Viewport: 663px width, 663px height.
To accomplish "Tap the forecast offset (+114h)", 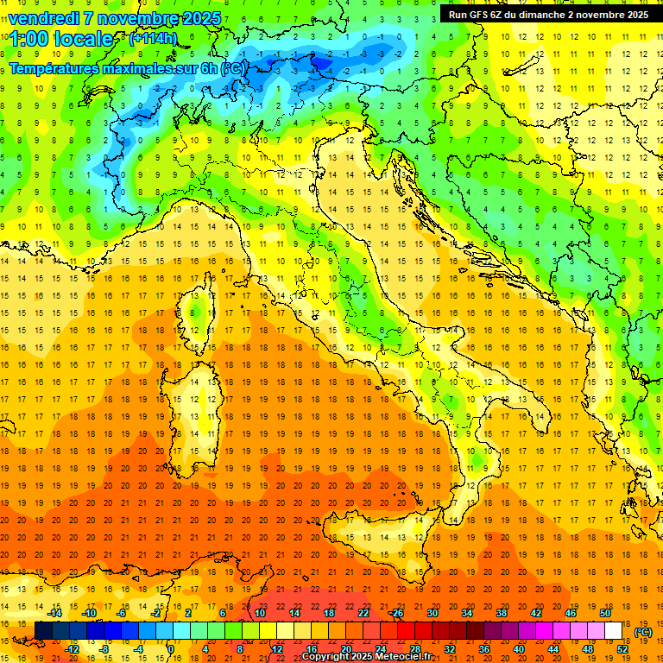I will [153, 38].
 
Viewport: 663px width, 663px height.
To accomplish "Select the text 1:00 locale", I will [61, 39].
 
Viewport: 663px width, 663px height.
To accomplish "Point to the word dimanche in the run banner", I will [537, 14].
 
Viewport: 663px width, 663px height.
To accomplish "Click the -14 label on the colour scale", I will [55, 613].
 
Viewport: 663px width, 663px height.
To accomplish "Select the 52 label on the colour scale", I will [622, 648].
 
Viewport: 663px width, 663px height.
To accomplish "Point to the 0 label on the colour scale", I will [171, 648].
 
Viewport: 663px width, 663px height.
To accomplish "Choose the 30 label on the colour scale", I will [433, 613].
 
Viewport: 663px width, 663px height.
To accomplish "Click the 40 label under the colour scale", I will [519, 648].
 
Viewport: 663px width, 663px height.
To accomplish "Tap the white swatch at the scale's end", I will [613, 631].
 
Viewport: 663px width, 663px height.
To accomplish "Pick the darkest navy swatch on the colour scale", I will [43, 631].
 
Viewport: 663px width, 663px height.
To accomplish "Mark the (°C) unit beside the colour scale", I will [643, 632].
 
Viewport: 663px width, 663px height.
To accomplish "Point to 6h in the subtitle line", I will [209, 68].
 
